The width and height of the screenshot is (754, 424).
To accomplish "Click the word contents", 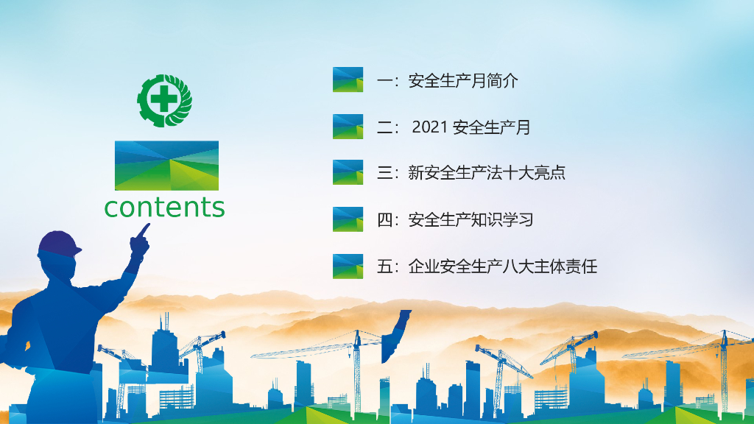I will (x=164, y=208).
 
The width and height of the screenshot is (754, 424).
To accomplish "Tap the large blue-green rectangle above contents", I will (x=166, y=166).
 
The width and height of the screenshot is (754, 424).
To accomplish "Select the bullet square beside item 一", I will (x=348, y=79).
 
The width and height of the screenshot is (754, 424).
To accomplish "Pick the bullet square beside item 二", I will (x=348, y=127).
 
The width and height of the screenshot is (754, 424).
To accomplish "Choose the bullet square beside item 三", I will (x=348, y=172).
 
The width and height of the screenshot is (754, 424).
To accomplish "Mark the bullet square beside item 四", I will (x=348, y=219).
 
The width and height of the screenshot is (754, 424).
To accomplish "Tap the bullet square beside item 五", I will (x=348, y=266).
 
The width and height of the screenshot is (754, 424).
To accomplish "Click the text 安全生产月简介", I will (x=463, y=80).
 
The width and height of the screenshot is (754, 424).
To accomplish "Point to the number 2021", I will (x=430, y=127).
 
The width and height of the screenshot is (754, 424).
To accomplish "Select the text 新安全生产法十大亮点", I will (x=487, y=173).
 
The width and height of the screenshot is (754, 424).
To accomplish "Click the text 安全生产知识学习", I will (x=471, y=219).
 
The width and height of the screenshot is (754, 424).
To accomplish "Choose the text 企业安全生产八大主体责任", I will (x=502, y=266).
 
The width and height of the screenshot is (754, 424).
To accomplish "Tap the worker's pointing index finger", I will (x=144, y=230).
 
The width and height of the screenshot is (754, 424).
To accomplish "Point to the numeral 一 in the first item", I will (x=385, y=80).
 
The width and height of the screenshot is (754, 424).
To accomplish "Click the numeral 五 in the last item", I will (x=385, y=266).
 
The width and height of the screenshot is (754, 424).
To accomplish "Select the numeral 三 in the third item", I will (x=385, y=173).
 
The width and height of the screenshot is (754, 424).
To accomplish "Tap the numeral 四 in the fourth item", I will (x=385, y=219).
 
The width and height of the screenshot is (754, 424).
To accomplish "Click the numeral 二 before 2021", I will (x=385, y=127).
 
